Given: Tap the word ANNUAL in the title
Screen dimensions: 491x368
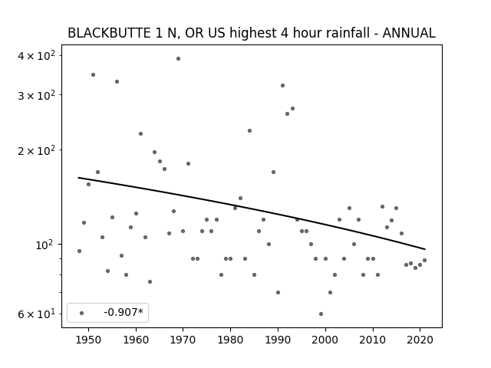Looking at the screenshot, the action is [409, 33].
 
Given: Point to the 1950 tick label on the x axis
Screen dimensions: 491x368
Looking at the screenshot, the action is [89, 340].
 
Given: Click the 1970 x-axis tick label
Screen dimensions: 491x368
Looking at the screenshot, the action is [183, 340].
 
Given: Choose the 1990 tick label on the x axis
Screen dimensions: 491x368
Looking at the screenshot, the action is [278, 340].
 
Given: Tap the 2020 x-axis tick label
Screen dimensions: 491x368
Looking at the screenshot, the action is [420, 340].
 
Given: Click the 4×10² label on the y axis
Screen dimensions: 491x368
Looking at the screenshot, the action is [36, 56].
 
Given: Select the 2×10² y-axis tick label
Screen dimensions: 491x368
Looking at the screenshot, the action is [36, 150].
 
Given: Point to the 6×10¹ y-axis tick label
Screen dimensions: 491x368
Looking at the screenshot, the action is [36, 314].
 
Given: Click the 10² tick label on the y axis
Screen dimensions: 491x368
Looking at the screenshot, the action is [44, 245].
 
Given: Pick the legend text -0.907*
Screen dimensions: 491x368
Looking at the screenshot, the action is [124, 312].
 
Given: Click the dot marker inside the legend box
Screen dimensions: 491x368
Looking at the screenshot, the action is [82, 313].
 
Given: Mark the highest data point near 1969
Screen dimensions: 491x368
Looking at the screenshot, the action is [178, 58].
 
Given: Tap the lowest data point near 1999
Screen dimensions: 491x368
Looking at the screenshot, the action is [321, 314].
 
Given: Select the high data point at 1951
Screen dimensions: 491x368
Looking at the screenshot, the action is [93, 75].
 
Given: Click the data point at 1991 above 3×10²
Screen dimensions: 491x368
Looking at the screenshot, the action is [283, 85].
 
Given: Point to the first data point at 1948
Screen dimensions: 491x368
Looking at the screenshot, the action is [79, 251].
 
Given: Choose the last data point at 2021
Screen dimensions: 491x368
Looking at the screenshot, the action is [424, 260].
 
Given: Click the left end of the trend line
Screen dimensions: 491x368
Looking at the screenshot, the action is [78, 178].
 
